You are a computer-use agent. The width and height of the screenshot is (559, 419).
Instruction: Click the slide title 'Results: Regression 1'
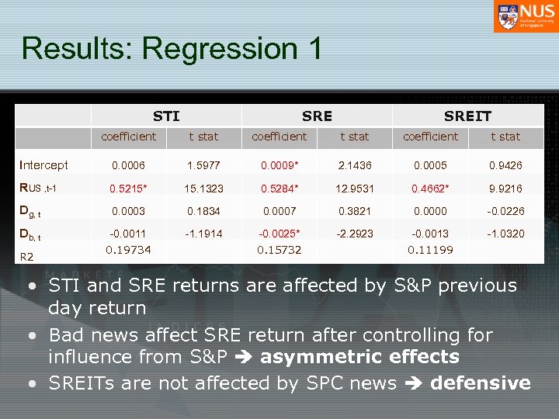(172, 48)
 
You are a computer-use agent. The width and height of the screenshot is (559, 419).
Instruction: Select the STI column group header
(166, 116)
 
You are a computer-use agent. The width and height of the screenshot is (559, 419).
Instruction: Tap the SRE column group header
(317, 116)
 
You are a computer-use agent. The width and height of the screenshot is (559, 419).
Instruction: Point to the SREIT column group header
(467, 116)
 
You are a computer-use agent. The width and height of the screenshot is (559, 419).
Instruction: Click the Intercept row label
(44, 164)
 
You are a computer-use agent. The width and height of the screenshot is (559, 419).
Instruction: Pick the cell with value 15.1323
(203, 189)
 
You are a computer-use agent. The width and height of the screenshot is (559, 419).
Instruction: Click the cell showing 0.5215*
(128, 189)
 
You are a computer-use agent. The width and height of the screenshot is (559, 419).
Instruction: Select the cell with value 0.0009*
(279, 164)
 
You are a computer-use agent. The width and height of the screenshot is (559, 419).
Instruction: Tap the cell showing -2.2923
(354, 233)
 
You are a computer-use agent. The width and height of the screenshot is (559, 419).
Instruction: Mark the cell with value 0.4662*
(430, 189)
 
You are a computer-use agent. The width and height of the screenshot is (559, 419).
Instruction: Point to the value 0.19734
(128, 249)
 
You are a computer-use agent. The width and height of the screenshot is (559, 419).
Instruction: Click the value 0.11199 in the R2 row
(430, 249)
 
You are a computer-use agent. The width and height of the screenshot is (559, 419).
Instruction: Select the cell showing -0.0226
(505, 210)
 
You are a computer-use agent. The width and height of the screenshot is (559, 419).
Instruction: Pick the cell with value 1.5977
(203, 164)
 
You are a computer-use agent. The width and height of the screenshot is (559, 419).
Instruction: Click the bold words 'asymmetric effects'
(360, 358)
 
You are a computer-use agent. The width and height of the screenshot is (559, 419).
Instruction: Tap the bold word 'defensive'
(480, 383)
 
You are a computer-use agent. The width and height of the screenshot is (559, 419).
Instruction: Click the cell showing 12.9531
(354, 189)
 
